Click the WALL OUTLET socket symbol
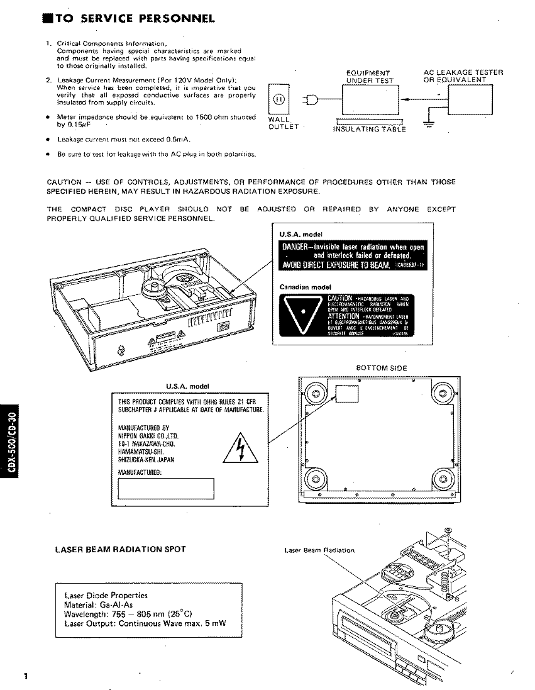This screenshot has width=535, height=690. pyautogui.click(x=280, y=99)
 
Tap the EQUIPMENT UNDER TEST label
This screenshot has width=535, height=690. pyautogui.click(x=368, y=77)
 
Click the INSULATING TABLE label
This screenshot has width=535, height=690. pyautogui.click(x=369, y=130)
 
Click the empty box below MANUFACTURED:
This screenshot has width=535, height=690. pyautogui.click(x=166, y=488)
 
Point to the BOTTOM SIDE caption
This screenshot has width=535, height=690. pyautogui.click(x=381, y=367)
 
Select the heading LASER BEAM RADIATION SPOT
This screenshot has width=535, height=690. pyautogui.click(x=121, y=549)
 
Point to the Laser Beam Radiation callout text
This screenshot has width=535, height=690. pyautogui.click(x=319, y=550)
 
